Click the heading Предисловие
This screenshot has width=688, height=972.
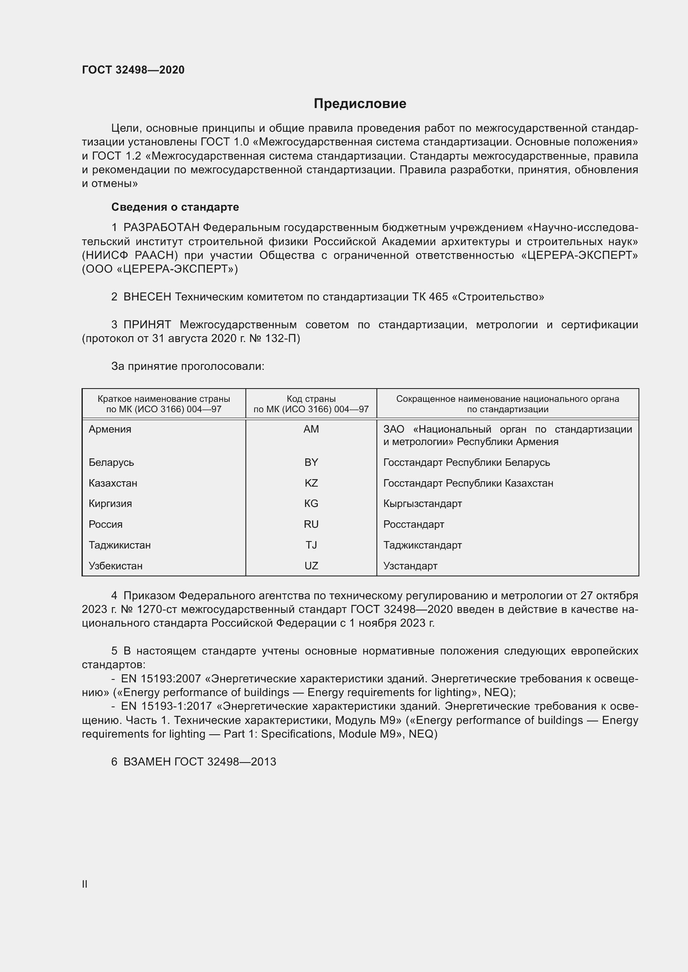coord(360,104)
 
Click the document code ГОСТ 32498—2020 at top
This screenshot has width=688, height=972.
coord(133,70)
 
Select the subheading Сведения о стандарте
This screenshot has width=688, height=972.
coord(175,207)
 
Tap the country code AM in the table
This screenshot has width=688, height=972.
coord(311,429)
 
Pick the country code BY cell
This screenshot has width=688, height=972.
coord(311,462)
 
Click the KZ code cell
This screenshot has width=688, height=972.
coord(311,483)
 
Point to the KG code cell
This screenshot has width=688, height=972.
coord(311,503)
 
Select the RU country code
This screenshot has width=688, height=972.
coord(311,524)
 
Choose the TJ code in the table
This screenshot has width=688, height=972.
coord(311,545)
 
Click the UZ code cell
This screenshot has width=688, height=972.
coord(311,566)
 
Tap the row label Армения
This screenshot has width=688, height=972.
coord(110,429)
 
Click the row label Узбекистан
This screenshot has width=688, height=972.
coord(115,566)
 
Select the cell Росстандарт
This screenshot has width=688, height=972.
coord(413,524)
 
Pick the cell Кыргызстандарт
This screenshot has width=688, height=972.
coord(422,503)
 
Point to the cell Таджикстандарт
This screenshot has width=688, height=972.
coord(422,545)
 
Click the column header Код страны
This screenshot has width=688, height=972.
coord(311,399)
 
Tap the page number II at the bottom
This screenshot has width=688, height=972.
coord(85,884)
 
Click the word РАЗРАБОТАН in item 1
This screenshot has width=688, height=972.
coord(161,228)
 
